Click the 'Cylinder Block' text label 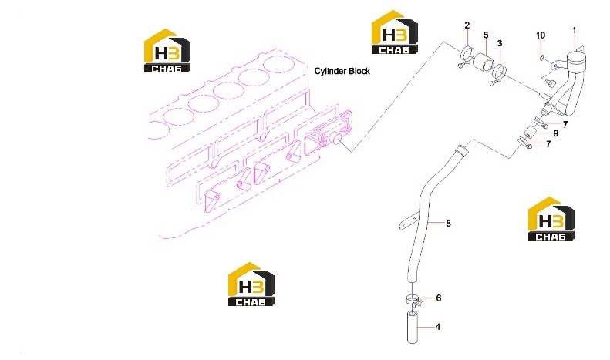point(342,71)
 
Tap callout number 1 point(574,30)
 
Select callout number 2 point(467,25)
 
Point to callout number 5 point(486,35)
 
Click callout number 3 point(500,43)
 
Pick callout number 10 point(541,35)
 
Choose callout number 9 point(555,133)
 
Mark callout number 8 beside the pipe point(448,223)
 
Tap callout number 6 point(439,298)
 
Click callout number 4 point(438,327)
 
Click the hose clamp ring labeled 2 point(466,56)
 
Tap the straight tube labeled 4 point(412,327)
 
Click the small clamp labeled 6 point(413,300)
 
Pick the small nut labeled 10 point(541,59)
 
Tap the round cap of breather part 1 point(575,60)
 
